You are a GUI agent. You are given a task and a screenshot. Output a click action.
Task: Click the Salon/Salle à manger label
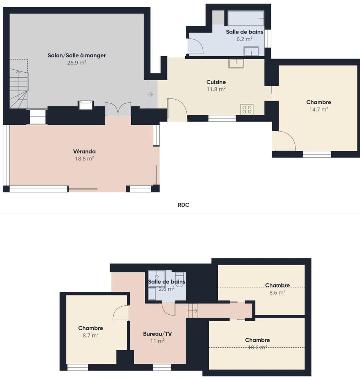pyautogui.click(x=76, y=55)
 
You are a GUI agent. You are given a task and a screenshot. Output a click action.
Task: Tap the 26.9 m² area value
pyautogui.click(x=76, y=63)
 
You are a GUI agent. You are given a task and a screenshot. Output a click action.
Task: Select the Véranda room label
pyautogui.click(x=84, y=151)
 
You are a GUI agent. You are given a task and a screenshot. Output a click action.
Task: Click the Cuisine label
pyautogui.click(x=216, y=82)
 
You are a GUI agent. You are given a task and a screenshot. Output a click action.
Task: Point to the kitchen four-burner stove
pyautogui.click(x=247, y=109)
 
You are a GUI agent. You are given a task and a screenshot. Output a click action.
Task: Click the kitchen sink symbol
pyautogui.click(x=236, y=63)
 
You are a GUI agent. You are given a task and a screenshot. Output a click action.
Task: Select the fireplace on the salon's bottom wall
pyautogui.click(x=86, y=105)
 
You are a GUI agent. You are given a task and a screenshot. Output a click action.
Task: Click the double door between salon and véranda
pyautogui.click(x=118, y=109)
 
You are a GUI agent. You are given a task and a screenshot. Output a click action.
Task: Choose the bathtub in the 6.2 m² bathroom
pyautogui.click(x=246, y=18)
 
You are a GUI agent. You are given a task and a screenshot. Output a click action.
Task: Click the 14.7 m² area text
pyautogui.click(x=318, y=109)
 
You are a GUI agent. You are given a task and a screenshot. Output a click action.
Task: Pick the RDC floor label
pyautogui.click(x=183, y=205)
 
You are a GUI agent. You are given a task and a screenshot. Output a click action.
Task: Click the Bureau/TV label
pyautogui.click(x=157, y=333)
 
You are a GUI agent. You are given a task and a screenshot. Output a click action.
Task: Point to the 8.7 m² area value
pyautogui.click(x=90, y=336)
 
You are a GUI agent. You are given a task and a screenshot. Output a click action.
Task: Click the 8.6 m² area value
pyautogui.click(x=277, y=293)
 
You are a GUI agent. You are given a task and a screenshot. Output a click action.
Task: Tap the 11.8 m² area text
pyautogui.click(x=216, y=89)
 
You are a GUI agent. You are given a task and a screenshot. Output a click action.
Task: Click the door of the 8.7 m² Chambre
pyautogui.click(x=121, y=313)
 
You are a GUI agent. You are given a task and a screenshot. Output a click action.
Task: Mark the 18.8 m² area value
pyautogui.click(x=84, y=158)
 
